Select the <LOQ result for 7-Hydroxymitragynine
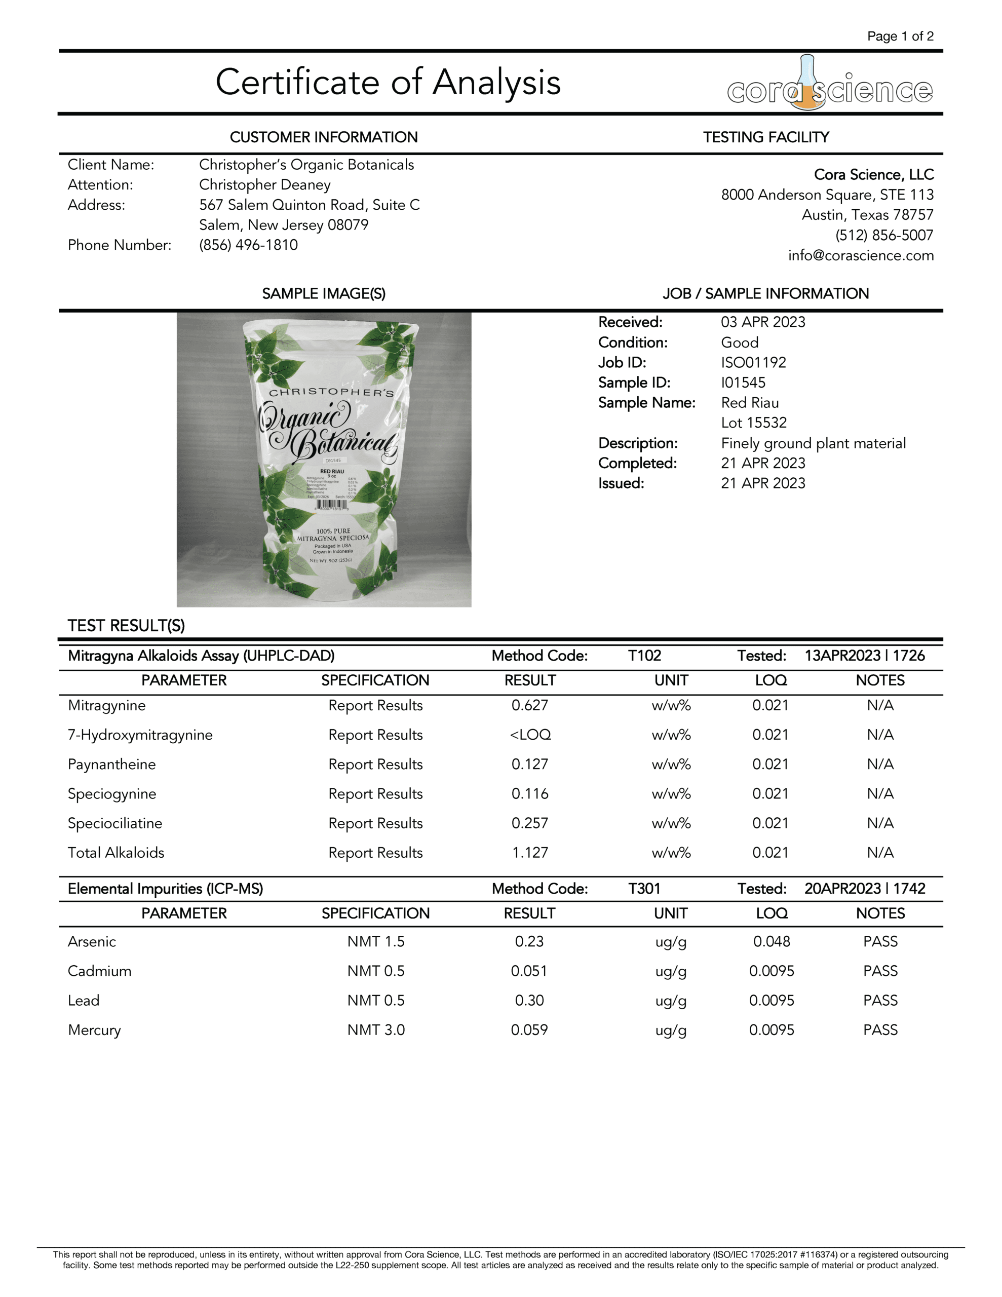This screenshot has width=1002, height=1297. pos(530,735)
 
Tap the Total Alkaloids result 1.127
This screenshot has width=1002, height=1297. pos(530,852)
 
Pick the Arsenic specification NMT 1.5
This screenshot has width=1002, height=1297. pos(375,941)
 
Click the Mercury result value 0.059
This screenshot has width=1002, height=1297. pos(529,1030)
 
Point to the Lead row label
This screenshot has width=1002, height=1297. pos(84,1001)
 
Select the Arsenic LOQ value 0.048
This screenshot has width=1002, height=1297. pos(771,941)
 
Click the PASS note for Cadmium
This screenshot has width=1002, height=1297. pos(880,971)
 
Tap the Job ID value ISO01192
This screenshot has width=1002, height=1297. pos(753,362)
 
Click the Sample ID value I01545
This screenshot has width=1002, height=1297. pos(743,383)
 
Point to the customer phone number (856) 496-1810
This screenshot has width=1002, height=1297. pos(248,245)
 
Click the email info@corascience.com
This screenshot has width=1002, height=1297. pos(861,255)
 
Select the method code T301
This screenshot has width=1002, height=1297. pos(644,889)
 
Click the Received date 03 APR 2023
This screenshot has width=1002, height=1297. pos(762,322)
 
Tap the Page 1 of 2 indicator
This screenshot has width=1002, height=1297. pos(900,36)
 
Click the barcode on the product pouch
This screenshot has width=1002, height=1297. pos(331,504)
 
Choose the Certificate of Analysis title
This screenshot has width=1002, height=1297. pos(388,82)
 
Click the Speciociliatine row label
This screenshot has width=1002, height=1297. pos(114,823)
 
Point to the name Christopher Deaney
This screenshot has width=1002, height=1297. pos(264,185)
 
